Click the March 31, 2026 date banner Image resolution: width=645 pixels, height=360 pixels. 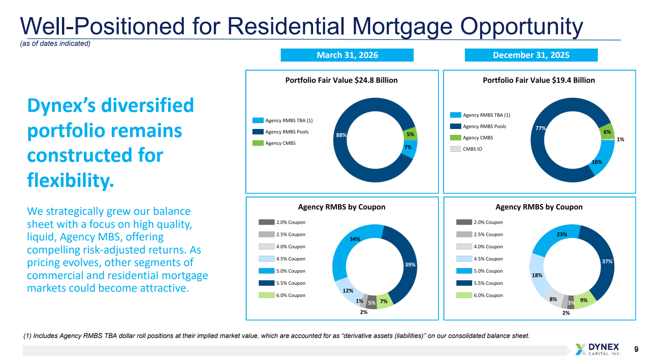click(x=347, y=55)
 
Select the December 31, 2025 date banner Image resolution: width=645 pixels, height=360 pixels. click(x=531, y=55)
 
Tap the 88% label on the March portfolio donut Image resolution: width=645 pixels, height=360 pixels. click(x=341, y=135)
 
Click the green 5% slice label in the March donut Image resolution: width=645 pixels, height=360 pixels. click(x=410, y=134)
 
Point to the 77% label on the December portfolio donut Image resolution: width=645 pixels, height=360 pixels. click(x=541, y=129)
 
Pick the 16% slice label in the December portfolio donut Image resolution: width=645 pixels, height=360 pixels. click(x=596, y=162)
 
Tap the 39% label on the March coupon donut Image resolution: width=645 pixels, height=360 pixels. click(x=410, y=265)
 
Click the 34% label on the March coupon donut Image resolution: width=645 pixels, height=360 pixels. click(x=355, y=239)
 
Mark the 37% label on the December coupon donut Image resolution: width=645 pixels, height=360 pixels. click(x=607, y=261)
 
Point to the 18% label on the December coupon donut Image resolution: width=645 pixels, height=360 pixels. click(x=537, y=275)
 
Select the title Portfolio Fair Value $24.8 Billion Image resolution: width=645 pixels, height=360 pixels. click(x=341, y=80)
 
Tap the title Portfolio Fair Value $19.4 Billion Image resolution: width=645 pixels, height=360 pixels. click(x=539, y=80)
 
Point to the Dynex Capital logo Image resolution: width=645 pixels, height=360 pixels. click(x=598, y=349)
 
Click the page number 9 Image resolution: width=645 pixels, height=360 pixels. click(x=636, y=349)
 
